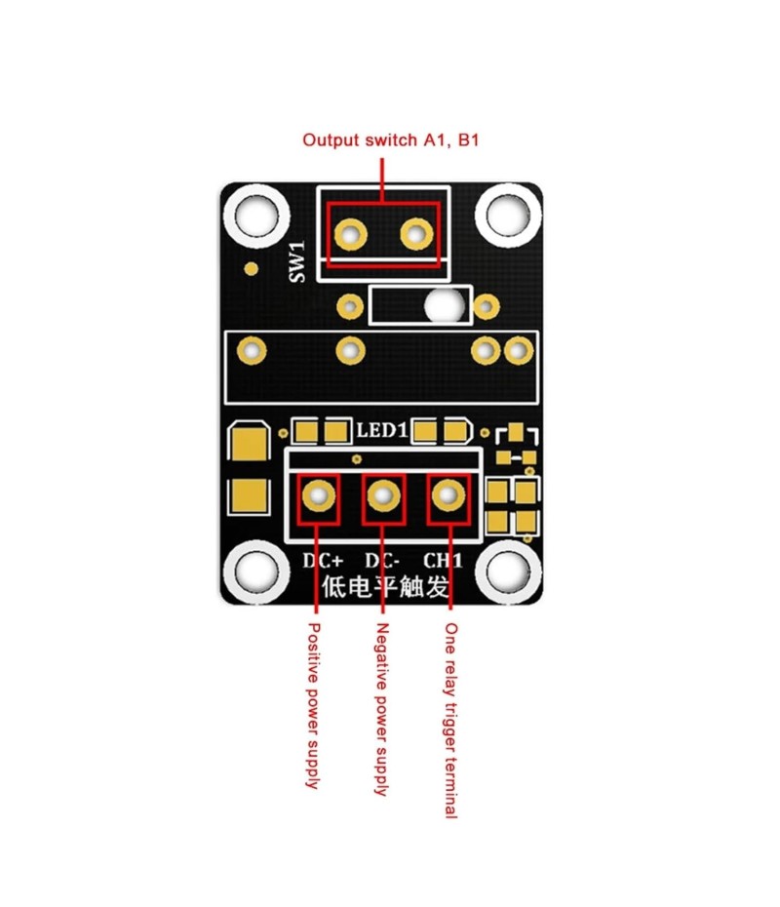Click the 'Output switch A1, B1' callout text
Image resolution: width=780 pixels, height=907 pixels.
pyautogui.click(x=390, y=140)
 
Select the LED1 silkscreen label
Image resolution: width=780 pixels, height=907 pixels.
pyautogui.click(x=380, y=430)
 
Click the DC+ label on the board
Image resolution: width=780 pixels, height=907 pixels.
pyautogui.click(x=321, y=562)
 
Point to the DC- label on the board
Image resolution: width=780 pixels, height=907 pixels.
pyautogui.click(x=384, y=562)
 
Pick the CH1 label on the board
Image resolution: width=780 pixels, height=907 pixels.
pyautogui.click(x=443, y=562)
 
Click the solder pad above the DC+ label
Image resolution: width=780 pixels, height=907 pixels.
pyautogui.click(x=318, y=496)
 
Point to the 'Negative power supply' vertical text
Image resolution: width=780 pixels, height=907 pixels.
pyautogui.click(x=382, y=709)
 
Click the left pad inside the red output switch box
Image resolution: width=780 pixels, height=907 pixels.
pyautogui.click(x=350, y=233)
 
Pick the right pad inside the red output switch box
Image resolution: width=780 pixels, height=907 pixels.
pyautogui.click(x=416, y=233)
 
